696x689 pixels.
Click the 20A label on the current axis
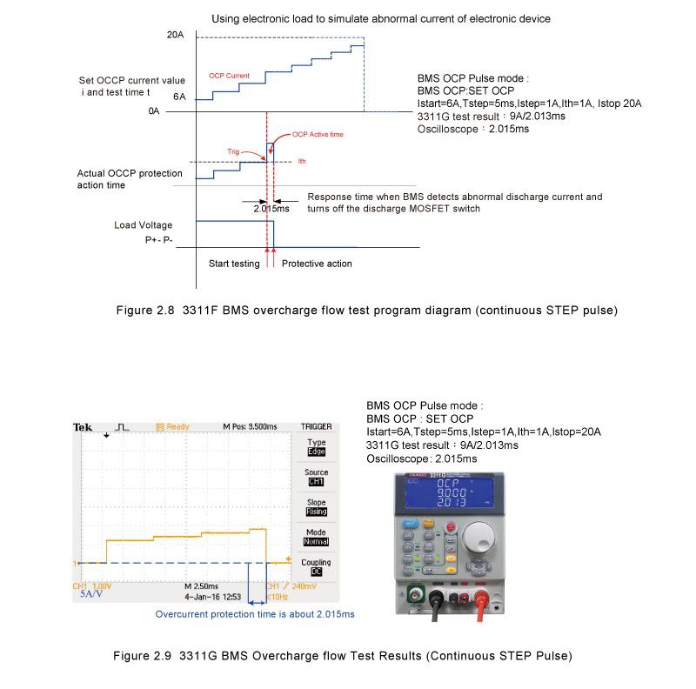coord(175,35)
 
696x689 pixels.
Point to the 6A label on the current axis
coord(178,97)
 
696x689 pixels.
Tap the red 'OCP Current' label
coord(229,76)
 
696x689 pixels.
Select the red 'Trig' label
coord(232,151)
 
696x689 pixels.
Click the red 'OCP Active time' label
coord(318,134)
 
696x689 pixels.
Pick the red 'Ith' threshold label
coord(302,161)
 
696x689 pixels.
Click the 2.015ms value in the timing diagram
coord(271,209)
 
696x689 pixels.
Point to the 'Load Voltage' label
coord(144,225)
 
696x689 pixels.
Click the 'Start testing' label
coord(234,264)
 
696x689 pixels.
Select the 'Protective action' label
coord(317,264)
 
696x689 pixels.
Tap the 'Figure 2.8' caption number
coord(146,311)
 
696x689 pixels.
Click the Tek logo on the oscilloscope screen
coord(83,427)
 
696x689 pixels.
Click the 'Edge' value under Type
coord(316,452)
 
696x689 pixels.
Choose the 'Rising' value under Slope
coord(316,512)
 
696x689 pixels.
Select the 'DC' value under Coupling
coord(316,571)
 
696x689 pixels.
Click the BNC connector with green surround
coord(416,596)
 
